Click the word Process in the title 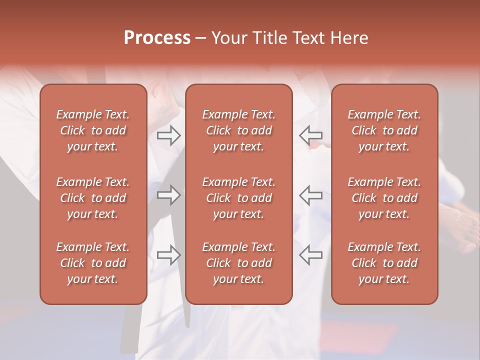(x=157, y=38)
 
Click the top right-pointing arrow (x=168, y=135)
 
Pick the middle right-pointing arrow (x=168, y=195)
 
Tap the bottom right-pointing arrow (x=168, y=254)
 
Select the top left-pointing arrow (x=310, y=135)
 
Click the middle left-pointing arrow (x=310, y=195)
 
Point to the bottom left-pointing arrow (x=310, y=254)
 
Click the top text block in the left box (x=93, y=130)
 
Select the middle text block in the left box (x=93, y=198)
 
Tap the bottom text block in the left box (x=93, y=263)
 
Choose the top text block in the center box (x=238, y=130)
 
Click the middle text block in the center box (x=238, y=198)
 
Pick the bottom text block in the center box (x=238, y=263)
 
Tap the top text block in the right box (x=384, y=130)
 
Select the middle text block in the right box (x=384, y=198)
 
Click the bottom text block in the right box (x=384, y=263)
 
